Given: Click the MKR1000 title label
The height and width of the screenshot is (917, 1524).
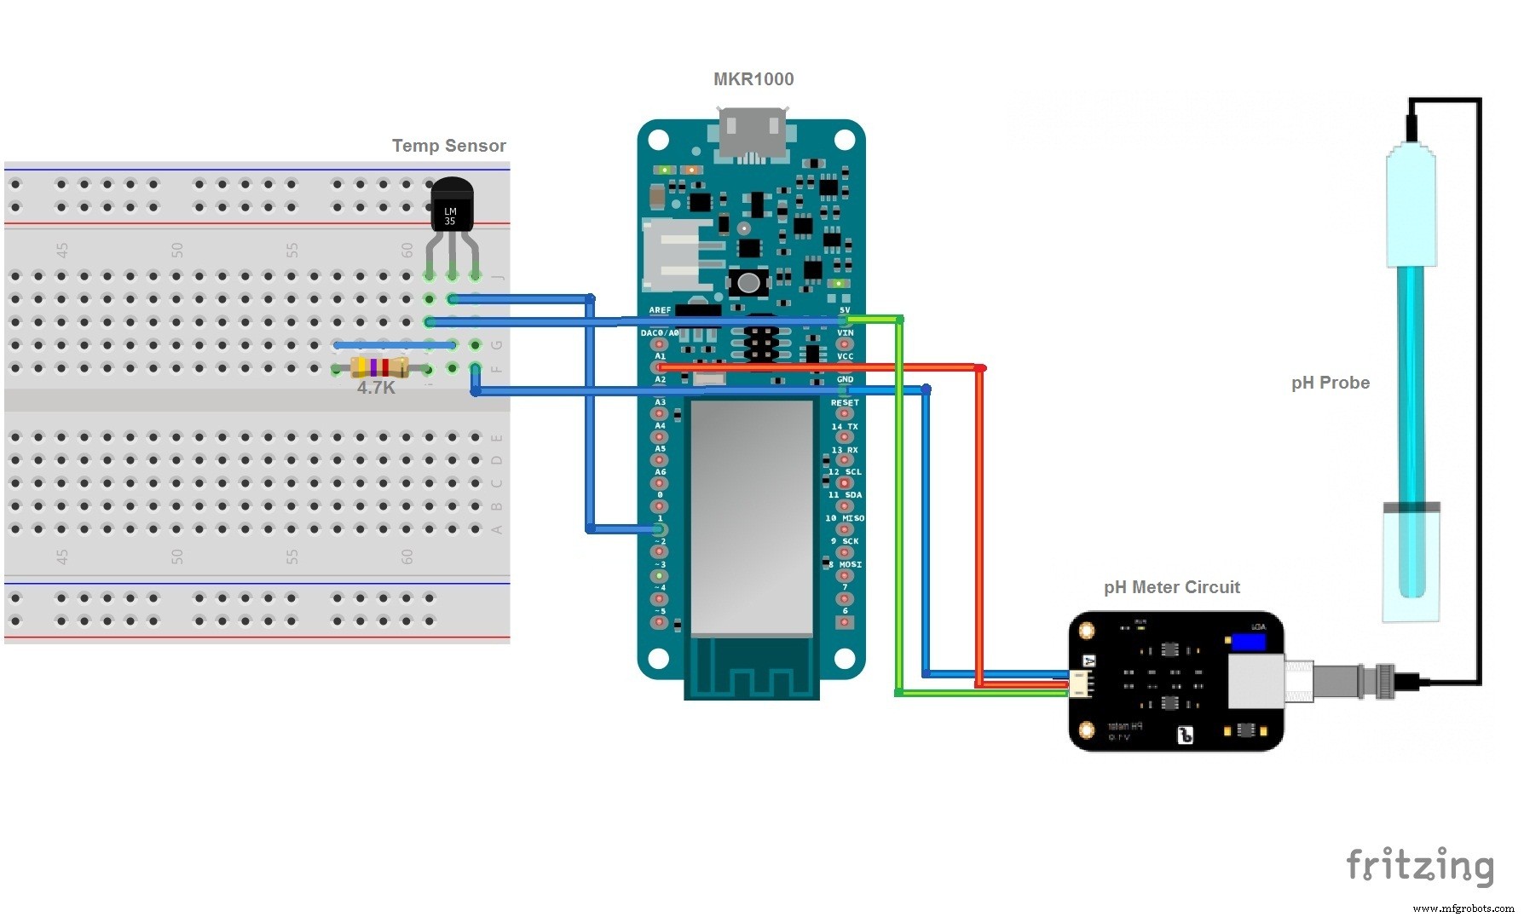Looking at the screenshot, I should click(x=753, y=79).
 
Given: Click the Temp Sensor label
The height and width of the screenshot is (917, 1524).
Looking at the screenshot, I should click(x=448, y=146).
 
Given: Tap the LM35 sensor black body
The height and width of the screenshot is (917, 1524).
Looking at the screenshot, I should click(x=451, y=207).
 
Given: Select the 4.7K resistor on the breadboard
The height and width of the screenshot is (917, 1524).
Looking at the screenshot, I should click(x=379, y=368).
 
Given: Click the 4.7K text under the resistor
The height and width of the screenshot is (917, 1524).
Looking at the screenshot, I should click(x=376, y=389).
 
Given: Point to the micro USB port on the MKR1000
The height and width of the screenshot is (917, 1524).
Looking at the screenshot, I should click(x=753, y=133).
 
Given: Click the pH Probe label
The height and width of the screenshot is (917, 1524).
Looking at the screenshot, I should click(x=1330, y=383).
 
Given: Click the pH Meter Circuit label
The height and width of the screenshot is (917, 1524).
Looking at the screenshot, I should click(x=1171, y=587).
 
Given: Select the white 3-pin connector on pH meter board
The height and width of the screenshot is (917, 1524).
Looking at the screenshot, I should click(x=1081, y=683).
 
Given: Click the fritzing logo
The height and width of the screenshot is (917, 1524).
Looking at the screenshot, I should click(x=1419, y=867).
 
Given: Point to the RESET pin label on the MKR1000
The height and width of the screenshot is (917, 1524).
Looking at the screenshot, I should click(x=845, y=403).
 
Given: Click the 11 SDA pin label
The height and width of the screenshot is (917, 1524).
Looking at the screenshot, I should click(x=846, y=495).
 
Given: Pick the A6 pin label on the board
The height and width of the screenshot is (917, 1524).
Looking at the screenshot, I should click(x=660, y=472).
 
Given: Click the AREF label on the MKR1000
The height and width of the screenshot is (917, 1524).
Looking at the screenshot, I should click(x=660, y=310).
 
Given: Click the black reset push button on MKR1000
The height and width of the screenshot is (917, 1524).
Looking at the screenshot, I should click(x=748, y=282).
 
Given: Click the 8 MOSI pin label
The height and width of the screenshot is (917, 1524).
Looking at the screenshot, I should click(x=846, y=564).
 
